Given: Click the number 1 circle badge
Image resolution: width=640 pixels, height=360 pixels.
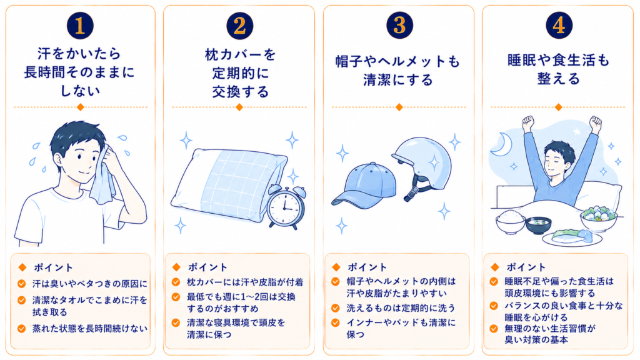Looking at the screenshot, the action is [x=80, y=25].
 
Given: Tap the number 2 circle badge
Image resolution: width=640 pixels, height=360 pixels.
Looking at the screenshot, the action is [x=239, y=26].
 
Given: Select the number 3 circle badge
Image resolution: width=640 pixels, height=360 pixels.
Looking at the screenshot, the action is [x=399, y=25].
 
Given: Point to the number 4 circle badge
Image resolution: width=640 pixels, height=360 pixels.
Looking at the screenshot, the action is [x=559, y=25].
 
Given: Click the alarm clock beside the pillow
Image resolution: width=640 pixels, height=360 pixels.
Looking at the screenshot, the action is [x=286, y=206].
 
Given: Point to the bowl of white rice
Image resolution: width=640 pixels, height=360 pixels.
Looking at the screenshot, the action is [x=510, y=221].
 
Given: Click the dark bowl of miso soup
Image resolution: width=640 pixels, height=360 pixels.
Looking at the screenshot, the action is [x=538, y=226].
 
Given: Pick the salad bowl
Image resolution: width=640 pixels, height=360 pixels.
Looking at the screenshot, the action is [x=598, y=218].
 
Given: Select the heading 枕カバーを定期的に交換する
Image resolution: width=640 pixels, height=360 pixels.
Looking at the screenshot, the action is [x=240, y=73].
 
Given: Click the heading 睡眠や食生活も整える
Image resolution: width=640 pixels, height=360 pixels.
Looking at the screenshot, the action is [x=559, y=69].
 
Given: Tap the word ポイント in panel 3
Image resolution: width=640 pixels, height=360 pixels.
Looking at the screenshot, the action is [x=367, y=267].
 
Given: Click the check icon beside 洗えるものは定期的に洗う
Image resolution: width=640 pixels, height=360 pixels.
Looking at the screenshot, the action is [x=336, y=307].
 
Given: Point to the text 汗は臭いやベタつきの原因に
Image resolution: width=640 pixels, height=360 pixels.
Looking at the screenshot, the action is [x=90, y=284].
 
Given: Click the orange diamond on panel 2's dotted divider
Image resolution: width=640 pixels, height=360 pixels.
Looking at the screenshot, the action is [x=239, y=107].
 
